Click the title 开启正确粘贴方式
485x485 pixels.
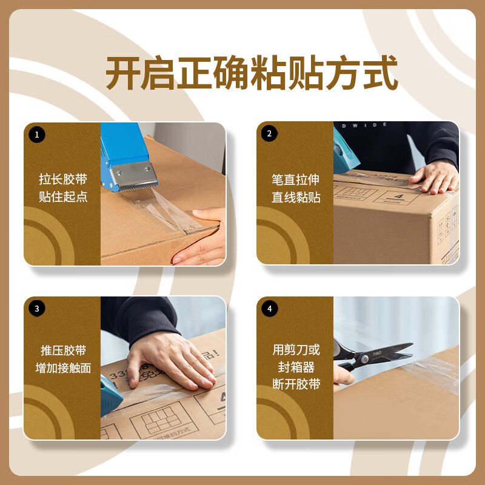click(x=252, y=74)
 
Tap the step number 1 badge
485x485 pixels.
click(x=36, y=135)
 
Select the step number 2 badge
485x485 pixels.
click(x=270, y=135)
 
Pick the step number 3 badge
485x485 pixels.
click(x=36, y=309)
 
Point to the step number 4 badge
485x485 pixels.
click(x=270, y=309)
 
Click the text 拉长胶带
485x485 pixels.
click(x=62, y=179)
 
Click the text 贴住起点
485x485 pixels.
click(x=62, y=198)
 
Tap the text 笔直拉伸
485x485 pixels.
click(x=295, y=179)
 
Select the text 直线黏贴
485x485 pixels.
click(x=295, y=198)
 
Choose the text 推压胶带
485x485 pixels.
click(x=62, y=350)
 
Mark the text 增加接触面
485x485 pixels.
click(x=62, y=368)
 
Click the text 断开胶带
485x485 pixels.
click(x=295, y=384)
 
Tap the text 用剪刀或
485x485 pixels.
click(x=295, y=350)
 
